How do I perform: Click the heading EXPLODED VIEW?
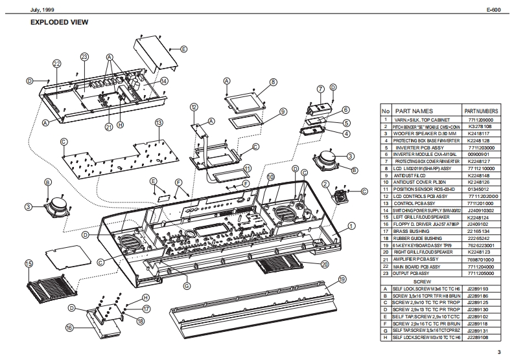click(x=59, y=23)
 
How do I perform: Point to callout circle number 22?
click(x=57, y=63)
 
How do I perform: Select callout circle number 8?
click(x=274, y=82)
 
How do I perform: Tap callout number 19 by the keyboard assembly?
click(x=342, y=280)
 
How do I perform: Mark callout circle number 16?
click(x=69, y=328)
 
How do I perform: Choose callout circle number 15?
click(x=29, y=263)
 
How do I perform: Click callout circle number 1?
click(x=351, y=226)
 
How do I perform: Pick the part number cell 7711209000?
click(x=480, y=119)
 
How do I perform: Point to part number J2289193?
click(x=480, y=288)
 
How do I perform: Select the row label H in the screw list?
click(x=385, y=337)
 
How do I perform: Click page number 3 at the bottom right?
click(x=499, y=352)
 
